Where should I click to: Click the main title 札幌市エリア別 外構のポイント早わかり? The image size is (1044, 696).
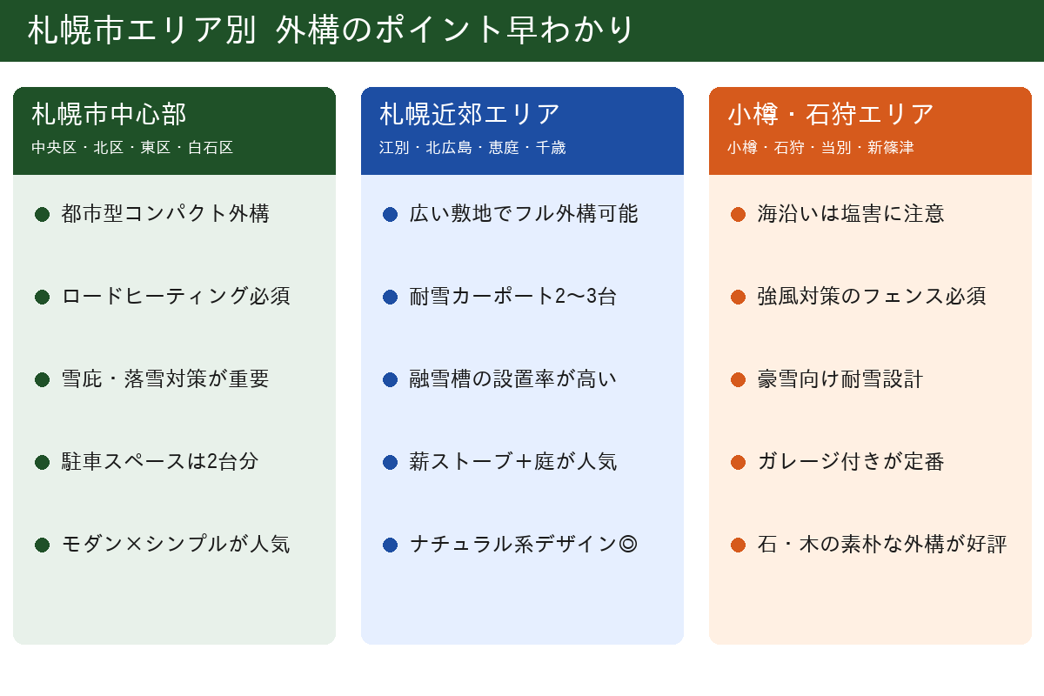(x=330, y=30)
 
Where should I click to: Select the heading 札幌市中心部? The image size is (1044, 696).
(x=109, y=114)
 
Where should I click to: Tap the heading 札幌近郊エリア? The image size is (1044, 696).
(x=469, y=114)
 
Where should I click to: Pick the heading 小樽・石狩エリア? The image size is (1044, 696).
(x=831, y=114)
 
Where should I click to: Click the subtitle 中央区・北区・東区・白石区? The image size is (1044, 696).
(x=132, y=148)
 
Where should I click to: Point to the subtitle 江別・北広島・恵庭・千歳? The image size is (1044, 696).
(x=472, y=148)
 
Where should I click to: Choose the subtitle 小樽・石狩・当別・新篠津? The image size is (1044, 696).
(x=820, y=148)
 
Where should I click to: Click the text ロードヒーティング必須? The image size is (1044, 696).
(x=176, y=297)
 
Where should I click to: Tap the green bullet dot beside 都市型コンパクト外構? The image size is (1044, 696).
(x=42, y=214)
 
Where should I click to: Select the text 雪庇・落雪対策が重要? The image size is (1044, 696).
(x=165, y=379)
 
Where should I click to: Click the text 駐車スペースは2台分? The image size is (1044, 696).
(x=160, y=461)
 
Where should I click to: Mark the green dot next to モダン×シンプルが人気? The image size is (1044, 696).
(x=42, y=545)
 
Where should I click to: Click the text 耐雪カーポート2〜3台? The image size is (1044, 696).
(x=512, y=297)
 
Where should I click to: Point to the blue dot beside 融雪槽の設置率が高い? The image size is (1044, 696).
(x=390, y=380)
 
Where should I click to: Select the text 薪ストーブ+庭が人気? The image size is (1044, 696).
(x=512, y=461)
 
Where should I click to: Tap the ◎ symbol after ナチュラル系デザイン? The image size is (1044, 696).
(x=628, y=544)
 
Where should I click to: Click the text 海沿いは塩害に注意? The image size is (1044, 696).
(x=851, y=214)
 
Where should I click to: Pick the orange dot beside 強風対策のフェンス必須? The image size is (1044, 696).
(x=739, y=297)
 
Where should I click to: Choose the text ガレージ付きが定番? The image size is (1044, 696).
(x=851, y=461)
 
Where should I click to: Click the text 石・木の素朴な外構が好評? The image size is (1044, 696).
(x=882, y=544)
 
